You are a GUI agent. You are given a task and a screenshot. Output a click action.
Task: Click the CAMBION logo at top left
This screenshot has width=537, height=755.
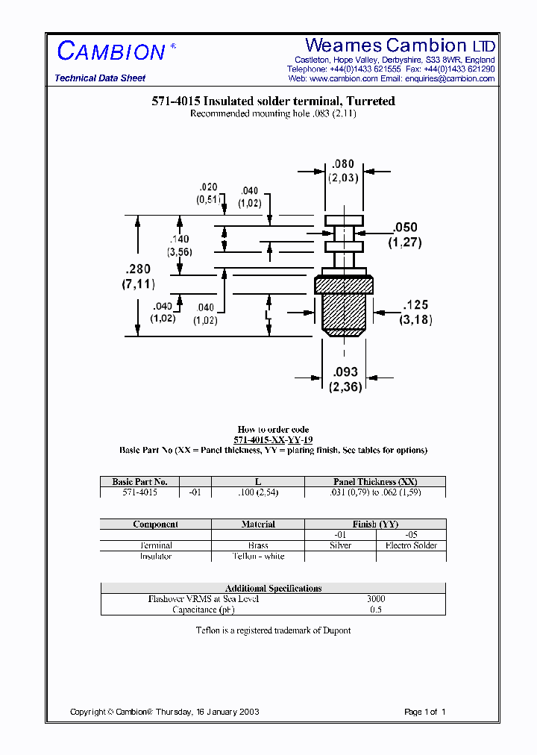coord(112,51)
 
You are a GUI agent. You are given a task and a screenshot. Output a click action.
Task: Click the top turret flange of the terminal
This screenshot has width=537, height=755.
coord(344,220)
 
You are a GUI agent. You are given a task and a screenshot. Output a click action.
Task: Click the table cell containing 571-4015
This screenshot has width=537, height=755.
coord(139,492)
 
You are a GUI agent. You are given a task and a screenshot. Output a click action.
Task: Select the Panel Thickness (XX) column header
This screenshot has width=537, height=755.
coord(375,482)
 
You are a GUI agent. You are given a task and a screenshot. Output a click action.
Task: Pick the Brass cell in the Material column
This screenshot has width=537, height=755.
coord(258,545)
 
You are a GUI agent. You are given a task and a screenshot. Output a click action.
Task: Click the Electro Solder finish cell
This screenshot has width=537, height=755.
coord(410,545)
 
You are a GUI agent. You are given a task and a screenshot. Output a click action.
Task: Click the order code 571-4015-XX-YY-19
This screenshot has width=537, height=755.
coord(273,439)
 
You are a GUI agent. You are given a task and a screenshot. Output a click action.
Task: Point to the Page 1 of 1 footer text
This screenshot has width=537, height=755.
coord(424,712)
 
